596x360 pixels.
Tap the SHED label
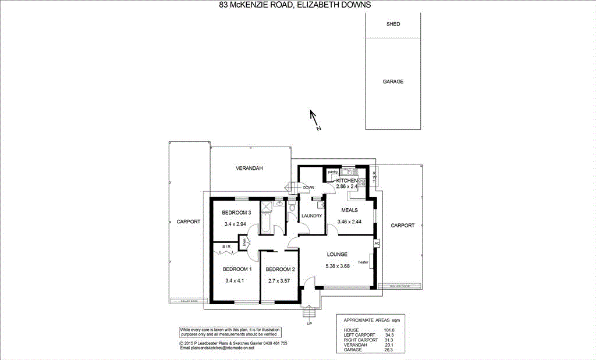click(393, 24)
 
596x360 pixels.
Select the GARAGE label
click(393, 82)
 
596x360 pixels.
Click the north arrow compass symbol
click(315, 120)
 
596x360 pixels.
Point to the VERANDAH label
click(249, 168)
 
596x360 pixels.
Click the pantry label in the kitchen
click(333, 172)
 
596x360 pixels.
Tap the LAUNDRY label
click(312, 216)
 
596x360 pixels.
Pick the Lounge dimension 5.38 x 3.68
click(337, 266)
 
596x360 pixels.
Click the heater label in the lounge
click(363, 262)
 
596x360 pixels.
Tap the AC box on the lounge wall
click(377, 243)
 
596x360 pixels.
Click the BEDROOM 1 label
click(237, 269)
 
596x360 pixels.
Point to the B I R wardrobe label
click(227, 247)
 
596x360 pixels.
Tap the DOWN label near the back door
click(308, 187)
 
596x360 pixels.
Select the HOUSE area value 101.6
click(389, 330)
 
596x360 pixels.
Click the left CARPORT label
click(188, 222)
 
